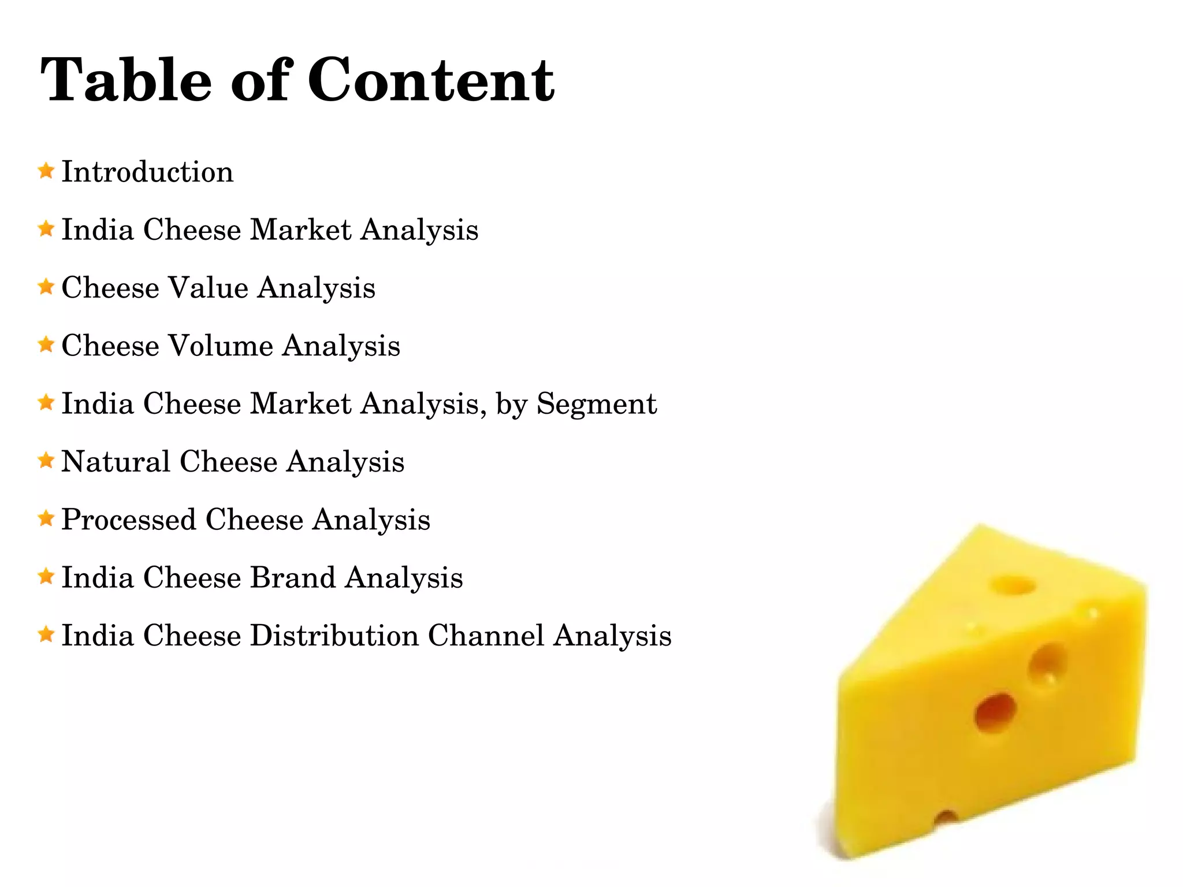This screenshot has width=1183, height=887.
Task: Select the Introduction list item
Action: pyautogui.click(x=147, y=172)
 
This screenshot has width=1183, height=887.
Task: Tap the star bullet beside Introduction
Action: pyautogui.click(x=46, y=171)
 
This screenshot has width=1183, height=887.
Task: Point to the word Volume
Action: pyautogui.click(x=220, y=346)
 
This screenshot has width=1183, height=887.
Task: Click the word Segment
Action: pyautogui.click(x=597, y=403)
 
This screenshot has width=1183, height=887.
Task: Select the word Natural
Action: pyautogui.click(x=116, y=461)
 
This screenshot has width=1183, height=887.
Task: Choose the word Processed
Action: pyautogui.click(x=128, y=519)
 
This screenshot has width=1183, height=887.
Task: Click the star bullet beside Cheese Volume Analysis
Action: pyautogui.click(x=46, y=345)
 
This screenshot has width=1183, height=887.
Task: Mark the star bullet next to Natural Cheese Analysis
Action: pyautogui.click(x=46, y=461)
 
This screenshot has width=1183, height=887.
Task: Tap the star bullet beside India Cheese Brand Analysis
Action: pyautogui.click(x=46, y=577)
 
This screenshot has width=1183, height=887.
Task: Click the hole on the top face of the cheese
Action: pyautogui.click(x=1013, y=585)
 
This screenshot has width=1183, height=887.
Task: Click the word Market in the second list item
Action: pyautogui.click(x=300, y=229)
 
